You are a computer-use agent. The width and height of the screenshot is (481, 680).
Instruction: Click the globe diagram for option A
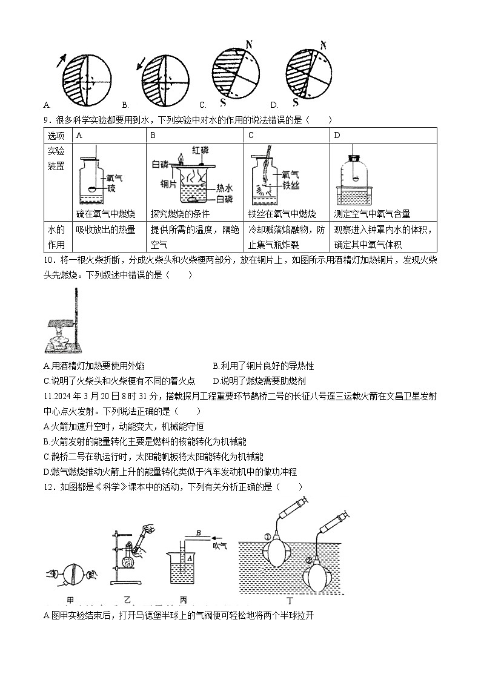coord(87,79)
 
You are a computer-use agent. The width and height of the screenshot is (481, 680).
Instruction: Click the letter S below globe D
coord(296,102)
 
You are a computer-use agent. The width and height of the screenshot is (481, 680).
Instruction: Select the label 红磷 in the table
coord(201,150)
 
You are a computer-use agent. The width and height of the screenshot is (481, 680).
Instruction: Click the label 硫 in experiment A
coord(111,188)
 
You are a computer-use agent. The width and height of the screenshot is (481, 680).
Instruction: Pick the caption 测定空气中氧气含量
coord(372,214)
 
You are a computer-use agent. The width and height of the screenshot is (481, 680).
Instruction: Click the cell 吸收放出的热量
coord(106,229)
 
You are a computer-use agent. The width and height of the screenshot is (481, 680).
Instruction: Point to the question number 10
coord(49,260)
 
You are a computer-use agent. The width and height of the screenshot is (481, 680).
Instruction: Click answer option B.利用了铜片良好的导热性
coord(264,366)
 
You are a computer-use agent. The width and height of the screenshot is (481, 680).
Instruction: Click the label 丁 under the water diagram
coord(290,601)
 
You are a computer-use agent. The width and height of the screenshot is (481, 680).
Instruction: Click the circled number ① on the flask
coord(267,536)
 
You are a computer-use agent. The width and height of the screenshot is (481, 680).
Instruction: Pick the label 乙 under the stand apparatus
coord(127,599)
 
